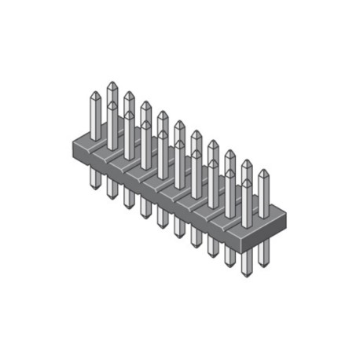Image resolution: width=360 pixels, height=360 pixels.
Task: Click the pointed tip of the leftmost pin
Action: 95,94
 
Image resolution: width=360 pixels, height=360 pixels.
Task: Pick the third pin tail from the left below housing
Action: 129,200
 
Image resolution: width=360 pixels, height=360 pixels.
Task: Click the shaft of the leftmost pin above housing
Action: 95,118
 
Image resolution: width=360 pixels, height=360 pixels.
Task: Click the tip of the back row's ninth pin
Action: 246,163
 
